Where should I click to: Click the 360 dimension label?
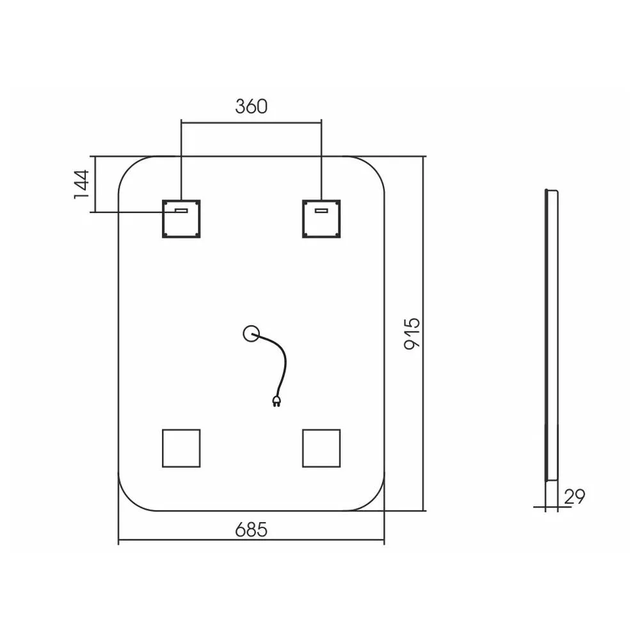pyautogui.click(x=252, y=106)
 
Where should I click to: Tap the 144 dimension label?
pyautogui.click(x=82, y=184)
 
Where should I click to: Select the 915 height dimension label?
pyautogui.click(x=412, y=333)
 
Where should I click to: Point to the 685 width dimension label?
pyautogui.click(x=252, y=530)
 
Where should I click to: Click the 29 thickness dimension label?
pyautogui.click(x=575, y=497)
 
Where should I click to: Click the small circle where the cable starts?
pyautogui.click(x=251, y=327)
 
